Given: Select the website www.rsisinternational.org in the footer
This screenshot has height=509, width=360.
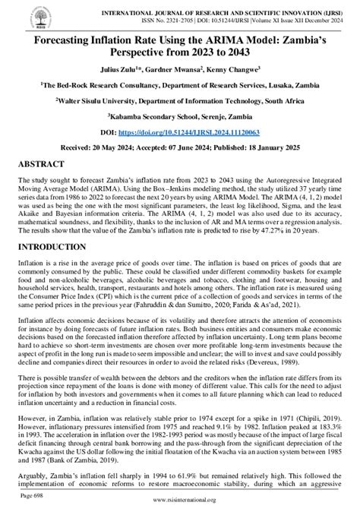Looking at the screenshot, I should pos(180,502).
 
